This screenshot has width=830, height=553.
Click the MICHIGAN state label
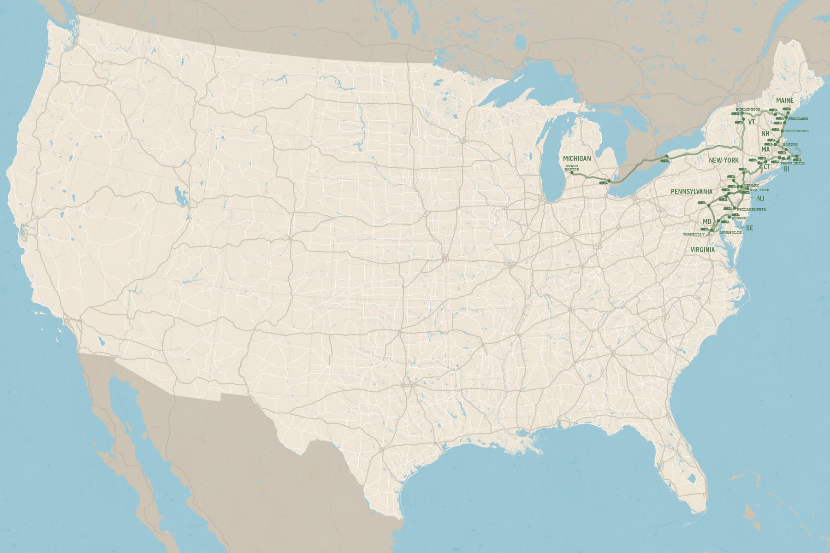click(x=577, y=159)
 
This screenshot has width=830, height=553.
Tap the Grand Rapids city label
click(x=572, y=167)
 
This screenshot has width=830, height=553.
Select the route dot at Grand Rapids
click(x=572, y=172)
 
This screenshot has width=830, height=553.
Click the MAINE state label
click(x=785, y=100)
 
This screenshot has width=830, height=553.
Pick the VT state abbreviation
click(x=752, y=122)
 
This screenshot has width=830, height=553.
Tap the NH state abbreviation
click(x=765, y=134)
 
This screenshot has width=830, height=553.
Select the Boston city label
click(x=790, y=145)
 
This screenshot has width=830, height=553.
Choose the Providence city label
click(x=792, y=164)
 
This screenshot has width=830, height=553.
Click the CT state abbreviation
click(x=766, y=166)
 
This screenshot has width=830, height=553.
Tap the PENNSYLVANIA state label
click(x=692, y=191)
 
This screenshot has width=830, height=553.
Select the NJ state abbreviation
click(x=761, y=199)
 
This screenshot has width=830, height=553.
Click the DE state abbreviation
click(x=749, y=228)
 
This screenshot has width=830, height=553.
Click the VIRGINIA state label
click(x=702, y=250)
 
